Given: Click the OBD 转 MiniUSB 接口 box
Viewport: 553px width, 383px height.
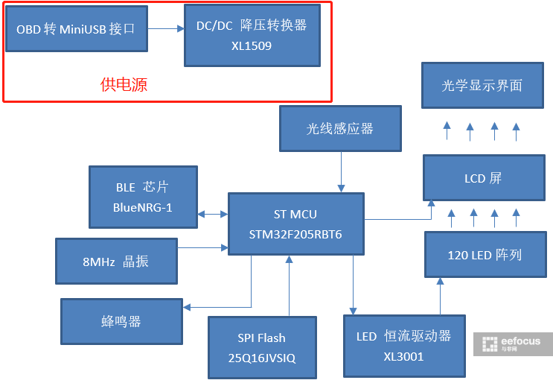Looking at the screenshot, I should (76, 29).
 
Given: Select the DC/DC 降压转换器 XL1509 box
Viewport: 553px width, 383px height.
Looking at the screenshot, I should (252, 35).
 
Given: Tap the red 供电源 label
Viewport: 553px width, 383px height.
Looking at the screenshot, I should (124, 85).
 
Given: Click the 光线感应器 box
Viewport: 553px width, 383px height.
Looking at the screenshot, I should (340, 128).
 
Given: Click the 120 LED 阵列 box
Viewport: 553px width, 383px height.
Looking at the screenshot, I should (485, 255).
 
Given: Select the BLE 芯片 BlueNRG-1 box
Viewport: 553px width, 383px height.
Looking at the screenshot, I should (143, 197).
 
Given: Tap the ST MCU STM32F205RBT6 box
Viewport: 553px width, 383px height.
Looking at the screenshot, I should (295, 224).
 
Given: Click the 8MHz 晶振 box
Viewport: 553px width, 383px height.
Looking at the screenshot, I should (116, 261).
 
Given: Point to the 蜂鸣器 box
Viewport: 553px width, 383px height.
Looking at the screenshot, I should (121, 321).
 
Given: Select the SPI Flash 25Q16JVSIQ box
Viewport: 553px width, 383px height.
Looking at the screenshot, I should (262, 347).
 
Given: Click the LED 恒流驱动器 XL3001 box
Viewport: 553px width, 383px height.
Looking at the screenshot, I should (404, 346).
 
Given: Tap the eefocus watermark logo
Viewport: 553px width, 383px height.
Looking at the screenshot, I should (513, 344).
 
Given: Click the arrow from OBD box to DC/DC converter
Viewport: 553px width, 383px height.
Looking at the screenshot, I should (165, 29).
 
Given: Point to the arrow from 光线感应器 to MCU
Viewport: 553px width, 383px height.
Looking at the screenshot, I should (341, 171).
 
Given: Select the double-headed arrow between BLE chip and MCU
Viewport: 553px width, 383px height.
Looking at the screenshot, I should (213, 215).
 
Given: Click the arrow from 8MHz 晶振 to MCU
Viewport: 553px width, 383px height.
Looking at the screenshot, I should (202, 248).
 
